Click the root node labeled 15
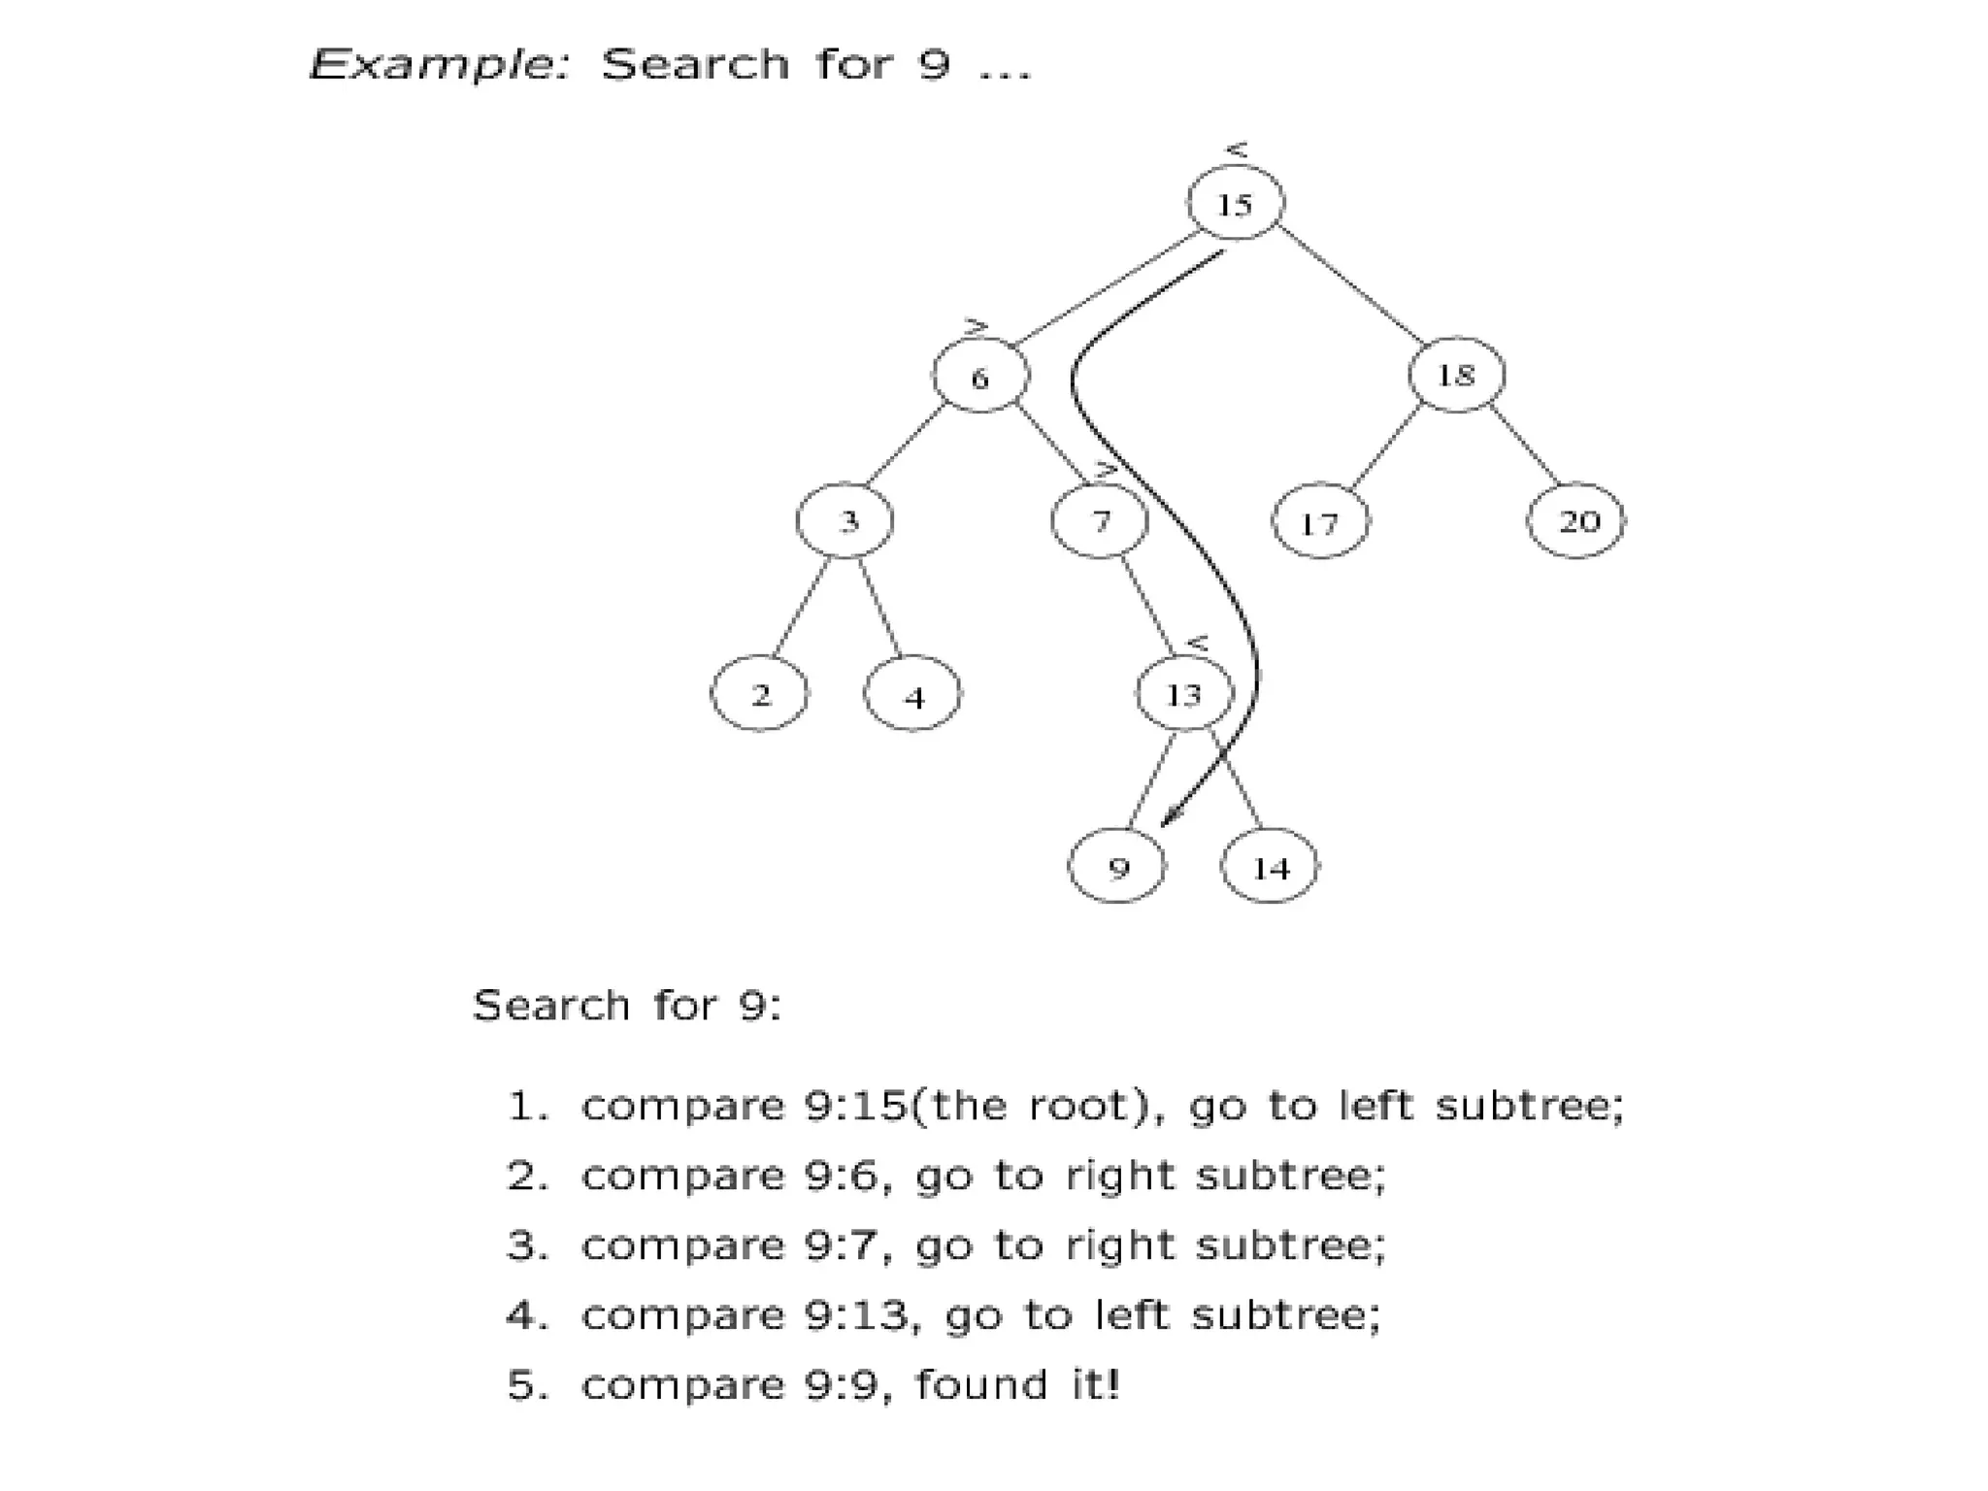point(1235,203)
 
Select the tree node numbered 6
point(979,376)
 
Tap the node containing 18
point(1455,374)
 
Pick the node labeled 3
point(845,521)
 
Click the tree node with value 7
point(1099,521)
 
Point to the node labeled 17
point(1319,522)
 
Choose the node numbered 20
point(1575,521)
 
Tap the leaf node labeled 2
point(759,694)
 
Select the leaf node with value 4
point(912,695)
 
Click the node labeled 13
point(1183,693)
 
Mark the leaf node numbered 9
point(1116,867)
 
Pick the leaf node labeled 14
point(1269,867)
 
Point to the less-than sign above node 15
point(1236,149)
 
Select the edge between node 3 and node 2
point(802,607)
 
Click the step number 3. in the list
point(528,1246)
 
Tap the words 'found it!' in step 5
point(1017,1385)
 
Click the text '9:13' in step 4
point(857,1316)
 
